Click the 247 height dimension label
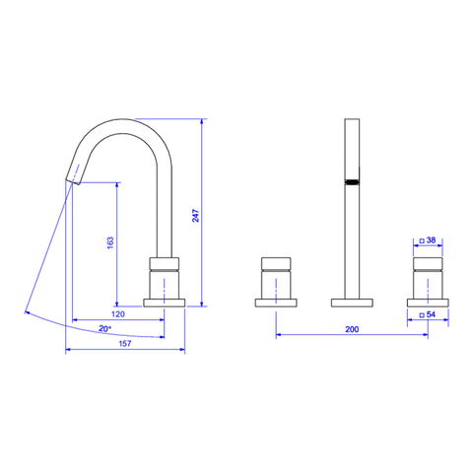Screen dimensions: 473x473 pyautogui.click(x=196, y=215)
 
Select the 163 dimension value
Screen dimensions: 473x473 pyautogui.click(x=110, y=242)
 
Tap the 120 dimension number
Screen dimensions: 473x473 pyautogui.click(x=118, y=314)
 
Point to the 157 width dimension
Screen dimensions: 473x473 pyautogui.click(x=125, y=344)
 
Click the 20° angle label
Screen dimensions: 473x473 pyautogui.click(x=105, y=328)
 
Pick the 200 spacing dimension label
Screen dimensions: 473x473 pyautogui.click(x=352, y=329)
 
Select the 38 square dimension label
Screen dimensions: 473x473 pyautogui.click(x=431, y=240)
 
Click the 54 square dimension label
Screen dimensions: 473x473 pyautogui.click(x=431, y=314)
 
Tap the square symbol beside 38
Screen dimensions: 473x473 pyautogui.click(x=422, y=241)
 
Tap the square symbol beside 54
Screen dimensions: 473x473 pyautogui.click(x=422, y=315)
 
